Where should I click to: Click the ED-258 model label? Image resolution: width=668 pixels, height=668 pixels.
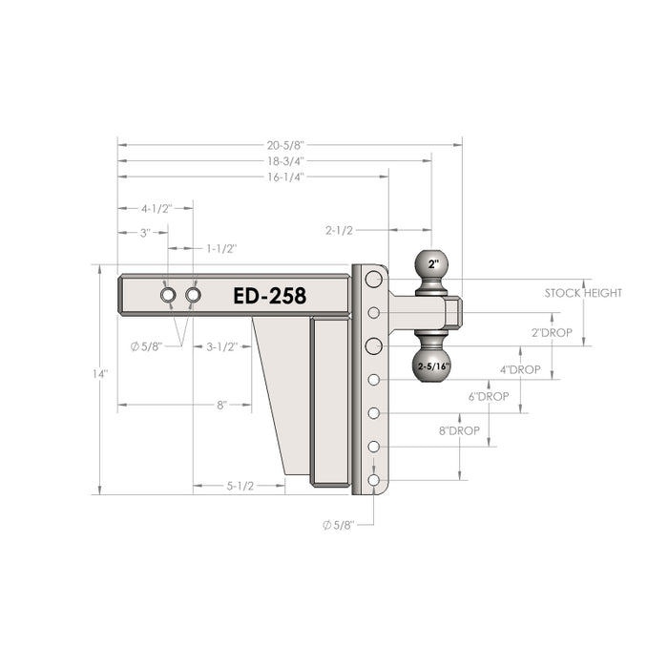pos(269,296)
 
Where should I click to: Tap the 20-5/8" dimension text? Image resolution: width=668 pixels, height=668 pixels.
pos(286,145)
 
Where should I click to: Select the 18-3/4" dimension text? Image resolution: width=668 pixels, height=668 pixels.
pos(286,160)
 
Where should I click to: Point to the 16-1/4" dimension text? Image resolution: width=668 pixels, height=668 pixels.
pos(286,177)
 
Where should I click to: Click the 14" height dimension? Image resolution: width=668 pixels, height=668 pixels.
pos(100,374)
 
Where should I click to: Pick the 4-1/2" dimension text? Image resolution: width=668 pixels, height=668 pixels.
pos(156,208)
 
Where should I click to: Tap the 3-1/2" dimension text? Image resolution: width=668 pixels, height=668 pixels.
pos(221,347)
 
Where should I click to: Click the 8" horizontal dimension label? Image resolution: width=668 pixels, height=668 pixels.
pos(221,405)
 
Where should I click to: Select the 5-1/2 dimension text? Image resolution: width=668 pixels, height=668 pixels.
pos(240,486)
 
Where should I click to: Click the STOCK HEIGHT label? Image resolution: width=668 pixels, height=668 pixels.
pos(583,293)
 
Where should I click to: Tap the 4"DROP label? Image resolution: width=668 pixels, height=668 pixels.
pos(520,369)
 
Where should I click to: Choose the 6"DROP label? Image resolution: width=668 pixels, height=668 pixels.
pos(488,396)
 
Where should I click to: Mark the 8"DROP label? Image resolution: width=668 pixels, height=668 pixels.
pos(459,430)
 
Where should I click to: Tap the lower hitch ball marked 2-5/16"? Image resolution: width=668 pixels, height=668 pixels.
pos(431,364)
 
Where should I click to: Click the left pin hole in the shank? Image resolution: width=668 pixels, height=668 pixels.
pos(168,296)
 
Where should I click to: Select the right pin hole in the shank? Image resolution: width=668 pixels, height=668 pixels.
pos(194,296)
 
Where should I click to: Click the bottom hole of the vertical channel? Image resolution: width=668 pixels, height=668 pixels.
pos(373,479)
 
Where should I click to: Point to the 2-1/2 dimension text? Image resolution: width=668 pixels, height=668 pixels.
pos(340,230)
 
